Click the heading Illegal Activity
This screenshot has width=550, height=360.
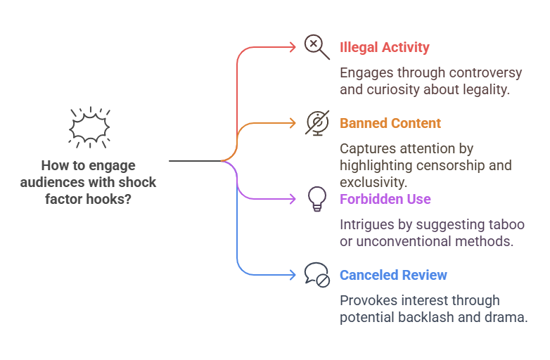tap(384, 48)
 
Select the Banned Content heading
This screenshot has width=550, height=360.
tap(390, 123)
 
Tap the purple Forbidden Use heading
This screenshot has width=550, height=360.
tap(385, 199)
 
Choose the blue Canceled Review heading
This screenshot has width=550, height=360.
tap(393, 275)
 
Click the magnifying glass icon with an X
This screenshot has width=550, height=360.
tap(316, 46)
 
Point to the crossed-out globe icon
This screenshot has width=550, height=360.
tap(317, 122)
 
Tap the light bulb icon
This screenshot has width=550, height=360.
tap(317, 199)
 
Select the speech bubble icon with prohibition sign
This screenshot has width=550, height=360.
tap(316, 274)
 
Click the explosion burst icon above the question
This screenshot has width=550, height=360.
tap(89, 127)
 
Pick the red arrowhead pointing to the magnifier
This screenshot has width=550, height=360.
tap(293, 47)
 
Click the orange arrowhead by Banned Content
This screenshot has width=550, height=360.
tap(293, 123)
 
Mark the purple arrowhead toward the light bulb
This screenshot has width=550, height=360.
tap(293, 199)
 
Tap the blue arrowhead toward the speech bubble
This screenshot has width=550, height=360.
tap(293, 275)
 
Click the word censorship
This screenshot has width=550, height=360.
tap(458, 165)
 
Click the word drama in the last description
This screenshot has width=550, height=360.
tap(508, 317)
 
